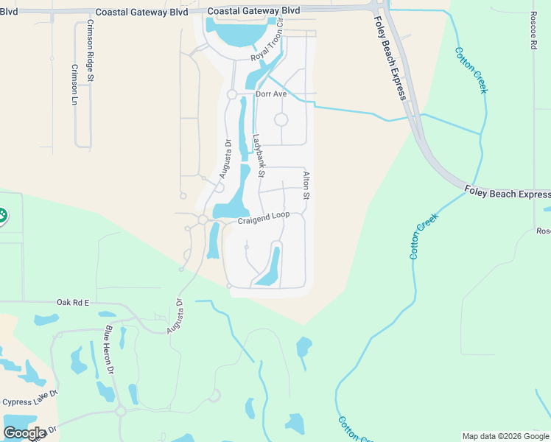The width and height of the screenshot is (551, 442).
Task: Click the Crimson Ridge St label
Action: point(89,51)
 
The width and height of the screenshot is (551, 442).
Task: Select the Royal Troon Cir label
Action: point(267,47)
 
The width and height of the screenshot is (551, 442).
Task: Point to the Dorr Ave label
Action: point(270,94)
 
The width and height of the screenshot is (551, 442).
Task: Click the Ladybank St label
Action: point(258,154)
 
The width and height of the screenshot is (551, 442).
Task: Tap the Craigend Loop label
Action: point(264,219)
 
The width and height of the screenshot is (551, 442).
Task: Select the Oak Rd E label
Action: point(72,302)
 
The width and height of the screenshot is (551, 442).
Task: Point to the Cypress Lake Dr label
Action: point(29,402)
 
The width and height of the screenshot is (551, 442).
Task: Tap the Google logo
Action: point(24,433)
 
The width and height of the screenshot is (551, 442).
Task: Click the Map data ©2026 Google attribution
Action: point(506,436)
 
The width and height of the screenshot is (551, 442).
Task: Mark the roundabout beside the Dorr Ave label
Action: point(231,94)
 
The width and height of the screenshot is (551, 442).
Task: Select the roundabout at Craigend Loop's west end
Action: point(203,220)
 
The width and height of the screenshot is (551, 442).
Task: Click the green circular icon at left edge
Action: point(1,216)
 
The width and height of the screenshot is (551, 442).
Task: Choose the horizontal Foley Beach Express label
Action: point(507,194)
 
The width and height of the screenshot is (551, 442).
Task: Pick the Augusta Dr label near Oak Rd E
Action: point(175,316)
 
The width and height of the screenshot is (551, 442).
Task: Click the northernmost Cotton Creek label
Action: point(471,71)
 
